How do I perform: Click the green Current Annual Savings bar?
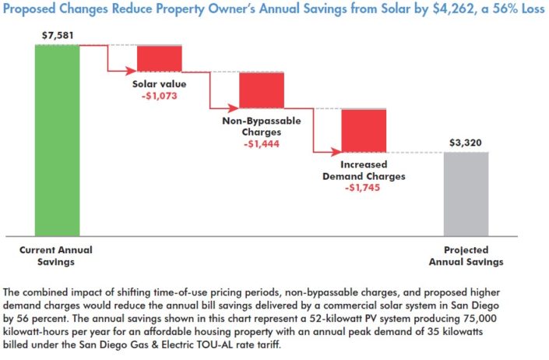57,140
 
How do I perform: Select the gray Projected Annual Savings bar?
466,193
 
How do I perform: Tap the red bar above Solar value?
160,58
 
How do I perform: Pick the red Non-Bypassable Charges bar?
262,90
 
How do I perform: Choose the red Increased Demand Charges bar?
364,129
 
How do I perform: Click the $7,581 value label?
56,36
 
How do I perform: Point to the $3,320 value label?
466,143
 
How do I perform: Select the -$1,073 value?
159,97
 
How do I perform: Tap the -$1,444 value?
262,144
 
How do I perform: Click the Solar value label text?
159,84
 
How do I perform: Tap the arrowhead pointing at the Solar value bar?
133,71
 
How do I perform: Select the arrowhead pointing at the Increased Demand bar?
337,150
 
